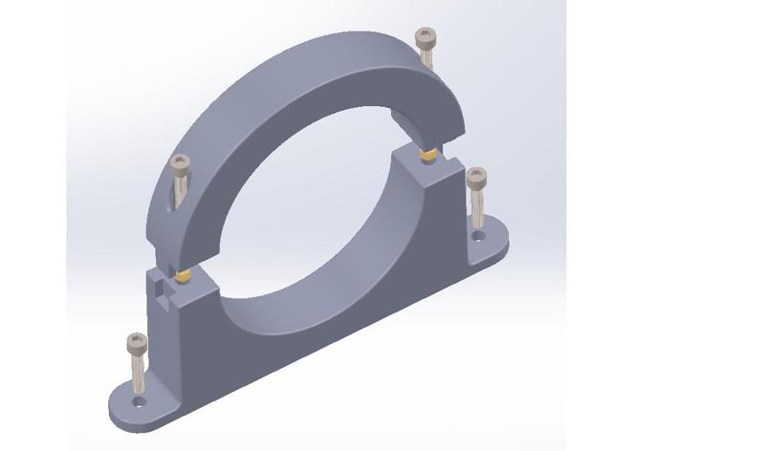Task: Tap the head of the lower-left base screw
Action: click(137, 341)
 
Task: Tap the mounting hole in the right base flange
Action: click(478, 234)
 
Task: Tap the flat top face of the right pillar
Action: click(421, 164)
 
